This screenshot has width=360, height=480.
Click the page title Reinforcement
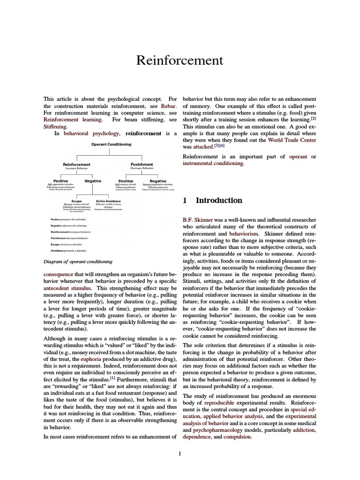[x=180, y=60]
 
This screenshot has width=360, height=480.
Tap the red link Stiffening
[x=55, y=126]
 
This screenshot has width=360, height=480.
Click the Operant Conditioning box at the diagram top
[x=111, y=144]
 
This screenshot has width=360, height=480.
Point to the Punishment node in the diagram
[x=142, y=165]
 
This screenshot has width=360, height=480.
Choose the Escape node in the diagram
[x=76, y=201]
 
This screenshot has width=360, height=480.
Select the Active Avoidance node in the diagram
[x=107, y=201]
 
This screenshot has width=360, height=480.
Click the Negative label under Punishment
[x=157, y=181]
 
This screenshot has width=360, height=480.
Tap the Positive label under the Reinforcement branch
[x=60, y=181]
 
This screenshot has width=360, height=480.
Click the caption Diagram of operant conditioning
[x=77, y=262]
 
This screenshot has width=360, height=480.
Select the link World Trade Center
[x=292, y=140]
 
